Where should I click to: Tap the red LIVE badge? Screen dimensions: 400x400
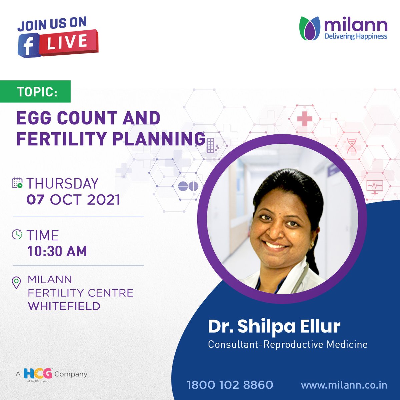(68, 42)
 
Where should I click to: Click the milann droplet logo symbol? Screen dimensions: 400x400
(310, 29)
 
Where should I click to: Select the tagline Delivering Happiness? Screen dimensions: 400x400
(356, 36)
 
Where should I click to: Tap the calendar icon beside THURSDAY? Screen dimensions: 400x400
(17, 183)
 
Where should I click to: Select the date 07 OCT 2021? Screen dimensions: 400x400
(73, 200)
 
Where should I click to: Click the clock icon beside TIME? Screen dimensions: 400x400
(17, 235)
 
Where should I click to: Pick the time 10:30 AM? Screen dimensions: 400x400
(57, 251)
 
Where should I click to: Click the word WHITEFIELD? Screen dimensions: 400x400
(64, 306)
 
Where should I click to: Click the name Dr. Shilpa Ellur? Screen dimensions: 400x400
(274, 326)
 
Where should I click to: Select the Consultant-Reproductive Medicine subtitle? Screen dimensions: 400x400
(287, 344)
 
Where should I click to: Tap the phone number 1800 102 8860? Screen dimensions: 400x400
(230, 385)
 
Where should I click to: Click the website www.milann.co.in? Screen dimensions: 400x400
(344, 385)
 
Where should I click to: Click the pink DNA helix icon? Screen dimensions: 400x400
(352, 146)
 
